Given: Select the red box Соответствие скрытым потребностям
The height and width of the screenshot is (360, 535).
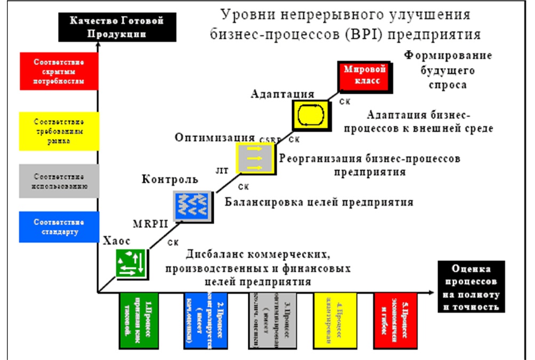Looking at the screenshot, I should click(x=58, y=71).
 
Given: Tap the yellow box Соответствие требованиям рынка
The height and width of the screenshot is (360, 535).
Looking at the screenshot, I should click(x=58, y=131).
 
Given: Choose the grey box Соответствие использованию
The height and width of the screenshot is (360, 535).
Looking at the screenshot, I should click(x=58, y=181).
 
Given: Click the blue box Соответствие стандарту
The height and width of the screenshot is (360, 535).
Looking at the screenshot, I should click(x=58, y=227).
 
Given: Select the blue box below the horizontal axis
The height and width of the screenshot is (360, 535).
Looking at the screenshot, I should click(x=206, y=321).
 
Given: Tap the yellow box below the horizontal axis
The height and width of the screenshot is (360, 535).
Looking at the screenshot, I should click(x=335, y=321).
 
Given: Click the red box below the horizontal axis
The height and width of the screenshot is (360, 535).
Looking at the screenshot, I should click(x=396, y=321).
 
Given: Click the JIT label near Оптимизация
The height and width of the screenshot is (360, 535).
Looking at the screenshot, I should click(x=221, y=172).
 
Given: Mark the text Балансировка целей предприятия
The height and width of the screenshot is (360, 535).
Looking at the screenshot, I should click(x=319, y=203).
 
